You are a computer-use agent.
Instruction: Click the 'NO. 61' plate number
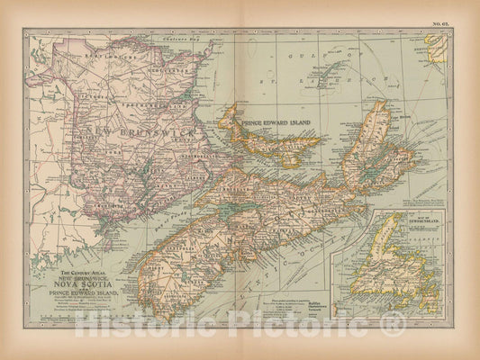point(439,19)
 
